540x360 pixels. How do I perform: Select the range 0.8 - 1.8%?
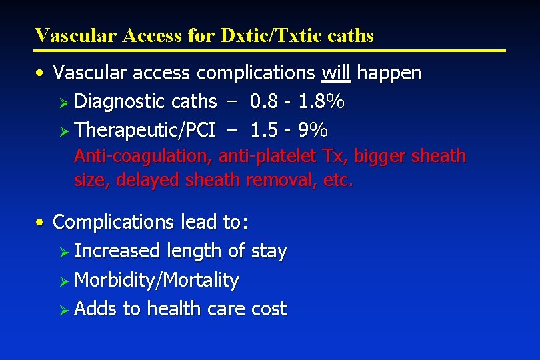tap(297, 101)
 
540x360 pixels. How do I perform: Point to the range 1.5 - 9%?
tap(289, 130)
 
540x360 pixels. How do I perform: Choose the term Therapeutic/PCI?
tap(145, 130)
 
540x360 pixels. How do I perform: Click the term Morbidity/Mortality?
tap(157, 280)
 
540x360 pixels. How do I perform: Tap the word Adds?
tap(97, 309)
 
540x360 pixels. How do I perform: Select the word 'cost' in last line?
tap(269, 309)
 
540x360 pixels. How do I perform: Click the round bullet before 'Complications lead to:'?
tap(41, 221)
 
